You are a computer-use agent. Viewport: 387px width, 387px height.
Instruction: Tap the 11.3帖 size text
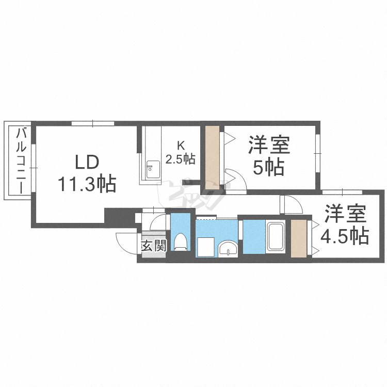[86, 183]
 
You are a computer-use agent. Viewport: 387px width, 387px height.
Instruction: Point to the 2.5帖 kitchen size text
[180, 159]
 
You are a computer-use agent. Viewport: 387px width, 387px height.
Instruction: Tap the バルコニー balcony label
[21, 160]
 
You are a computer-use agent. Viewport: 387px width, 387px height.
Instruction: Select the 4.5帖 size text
[344, 236]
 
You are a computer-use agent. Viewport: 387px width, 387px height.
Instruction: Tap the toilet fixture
[181, 241]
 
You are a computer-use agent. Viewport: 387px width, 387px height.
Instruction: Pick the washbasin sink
[227, 250]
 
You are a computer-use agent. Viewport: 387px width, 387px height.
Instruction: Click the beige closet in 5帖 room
[213, 157]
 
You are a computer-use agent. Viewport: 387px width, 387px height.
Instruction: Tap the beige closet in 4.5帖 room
[298, 238]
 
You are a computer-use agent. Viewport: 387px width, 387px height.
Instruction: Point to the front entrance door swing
[128, 243]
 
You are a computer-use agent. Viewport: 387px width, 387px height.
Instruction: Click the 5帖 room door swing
[232, 178]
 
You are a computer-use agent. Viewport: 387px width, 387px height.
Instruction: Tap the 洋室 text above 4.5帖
[344, 214]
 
